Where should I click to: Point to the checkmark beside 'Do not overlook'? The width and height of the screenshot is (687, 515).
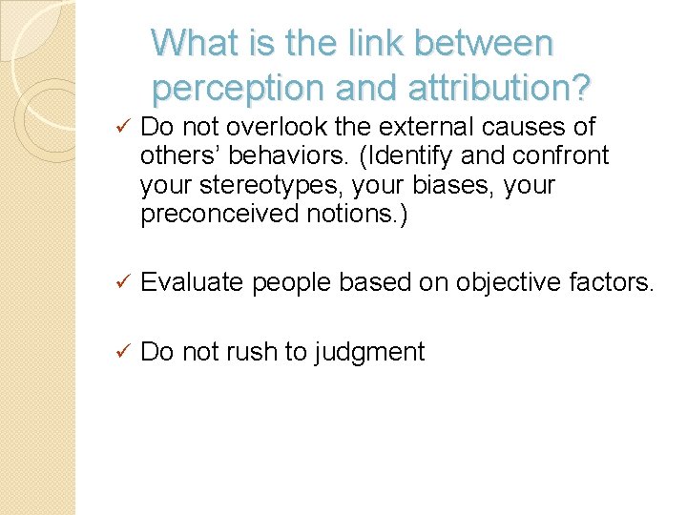120,127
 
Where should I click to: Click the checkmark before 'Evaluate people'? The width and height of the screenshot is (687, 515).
120,281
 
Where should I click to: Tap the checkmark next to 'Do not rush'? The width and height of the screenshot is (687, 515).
120,352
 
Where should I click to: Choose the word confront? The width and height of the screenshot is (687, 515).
557,155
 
